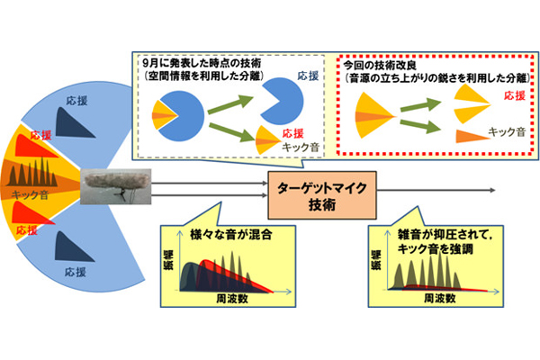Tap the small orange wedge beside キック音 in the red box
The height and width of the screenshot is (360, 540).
tap(462, 136)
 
